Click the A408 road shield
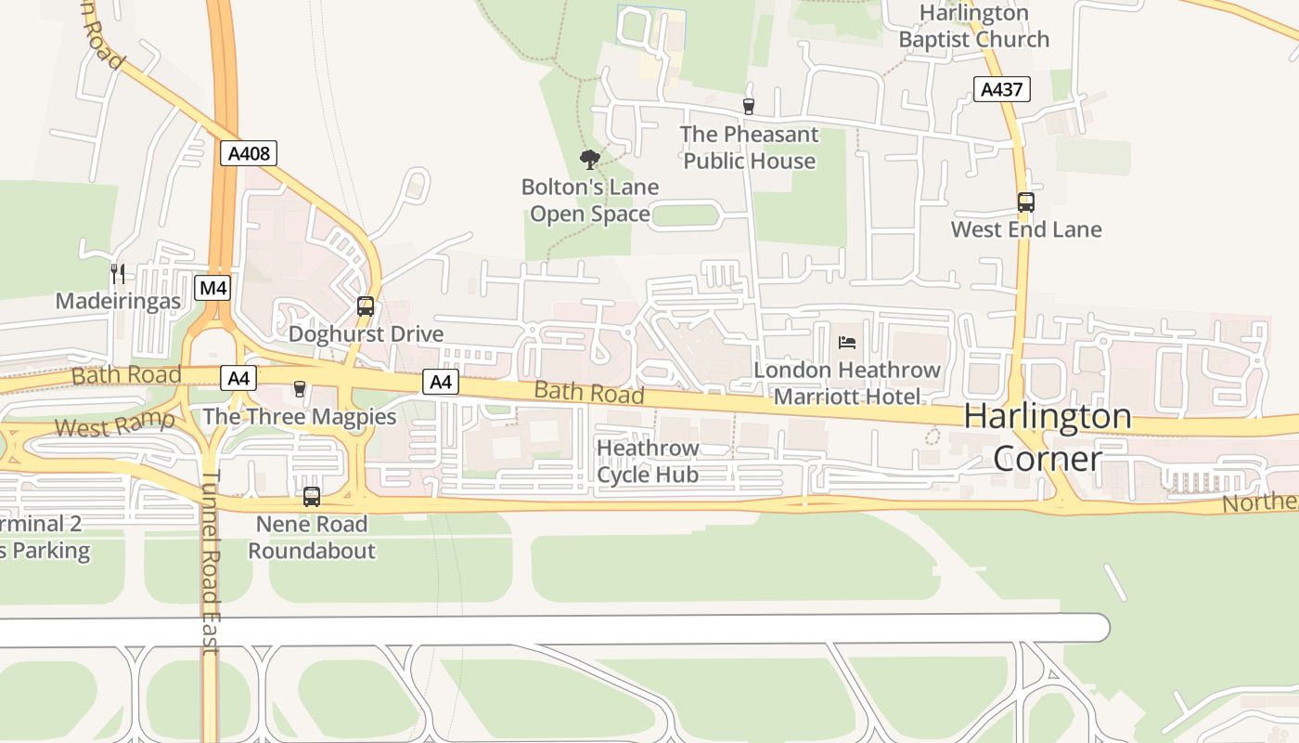point(249,153)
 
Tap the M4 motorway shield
point(213,288)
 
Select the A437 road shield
point(1002,89)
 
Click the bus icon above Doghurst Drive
point(366,306)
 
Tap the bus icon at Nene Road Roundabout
point(312,497)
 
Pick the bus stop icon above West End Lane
point(1026,202)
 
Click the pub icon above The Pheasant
point(749,107)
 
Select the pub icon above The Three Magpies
point(299,389)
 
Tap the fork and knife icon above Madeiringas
point(118,273)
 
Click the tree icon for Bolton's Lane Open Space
point(589,159)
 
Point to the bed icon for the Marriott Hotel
point(847,343)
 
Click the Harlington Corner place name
point(1048,437)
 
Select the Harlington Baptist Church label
point(973,26)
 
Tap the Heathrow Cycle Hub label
point(648,462)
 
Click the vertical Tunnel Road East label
point(211,562)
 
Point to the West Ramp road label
point(114,424)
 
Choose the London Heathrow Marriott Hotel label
point(847,384)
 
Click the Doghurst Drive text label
point(366,334)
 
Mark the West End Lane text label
point(1026,229)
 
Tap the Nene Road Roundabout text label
point(312,537)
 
